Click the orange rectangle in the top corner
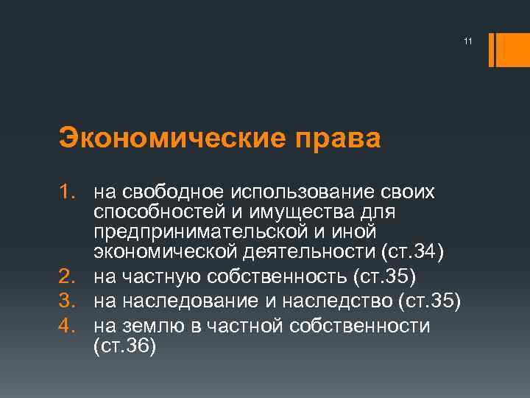[508, 50]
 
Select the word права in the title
[334, 138]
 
